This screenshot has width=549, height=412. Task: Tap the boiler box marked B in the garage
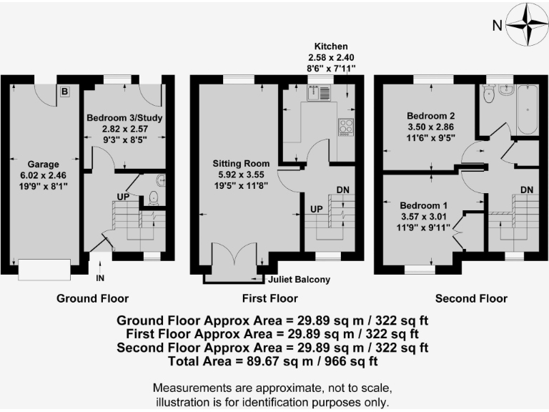point(64,91)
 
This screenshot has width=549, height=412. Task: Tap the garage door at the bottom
point(44,270)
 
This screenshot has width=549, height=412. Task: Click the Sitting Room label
point(242,172)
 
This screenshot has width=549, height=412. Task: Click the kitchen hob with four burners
point(346,126)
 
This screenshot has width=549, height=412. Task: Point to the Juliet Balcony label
point(298,280)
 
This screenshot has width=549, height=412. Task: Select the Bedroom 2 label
point(430,115)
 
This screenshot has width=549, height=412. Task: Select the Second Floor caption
point(472,299)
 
